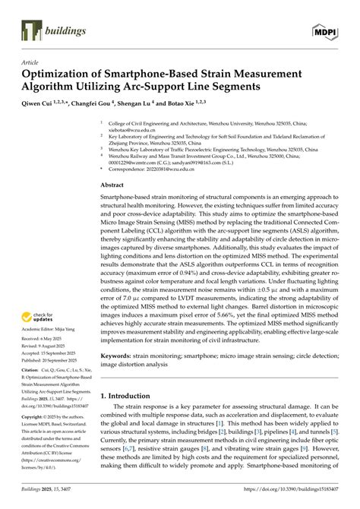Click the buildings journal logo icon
point(30,30)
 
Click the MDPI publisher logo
point(326,30)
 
